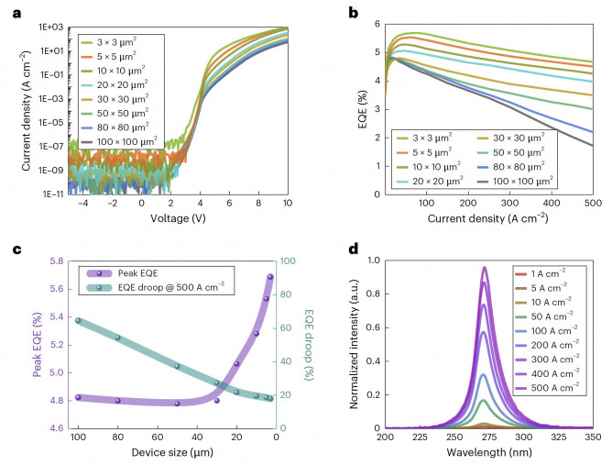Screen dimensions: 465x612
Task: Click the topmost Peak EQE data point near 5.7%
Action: click(x=271, y=277)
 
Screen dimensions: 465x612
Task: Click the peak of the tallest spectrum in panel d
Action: click(x=485, y=268)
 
